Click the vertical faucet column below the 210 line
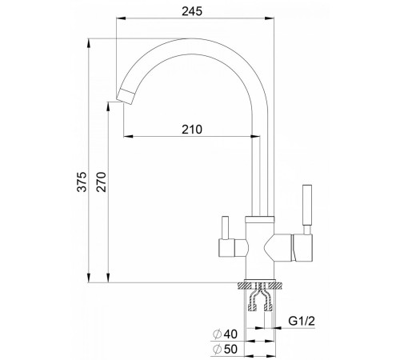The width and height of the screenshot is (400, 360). pyautogui.click(x=257, y=176)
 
